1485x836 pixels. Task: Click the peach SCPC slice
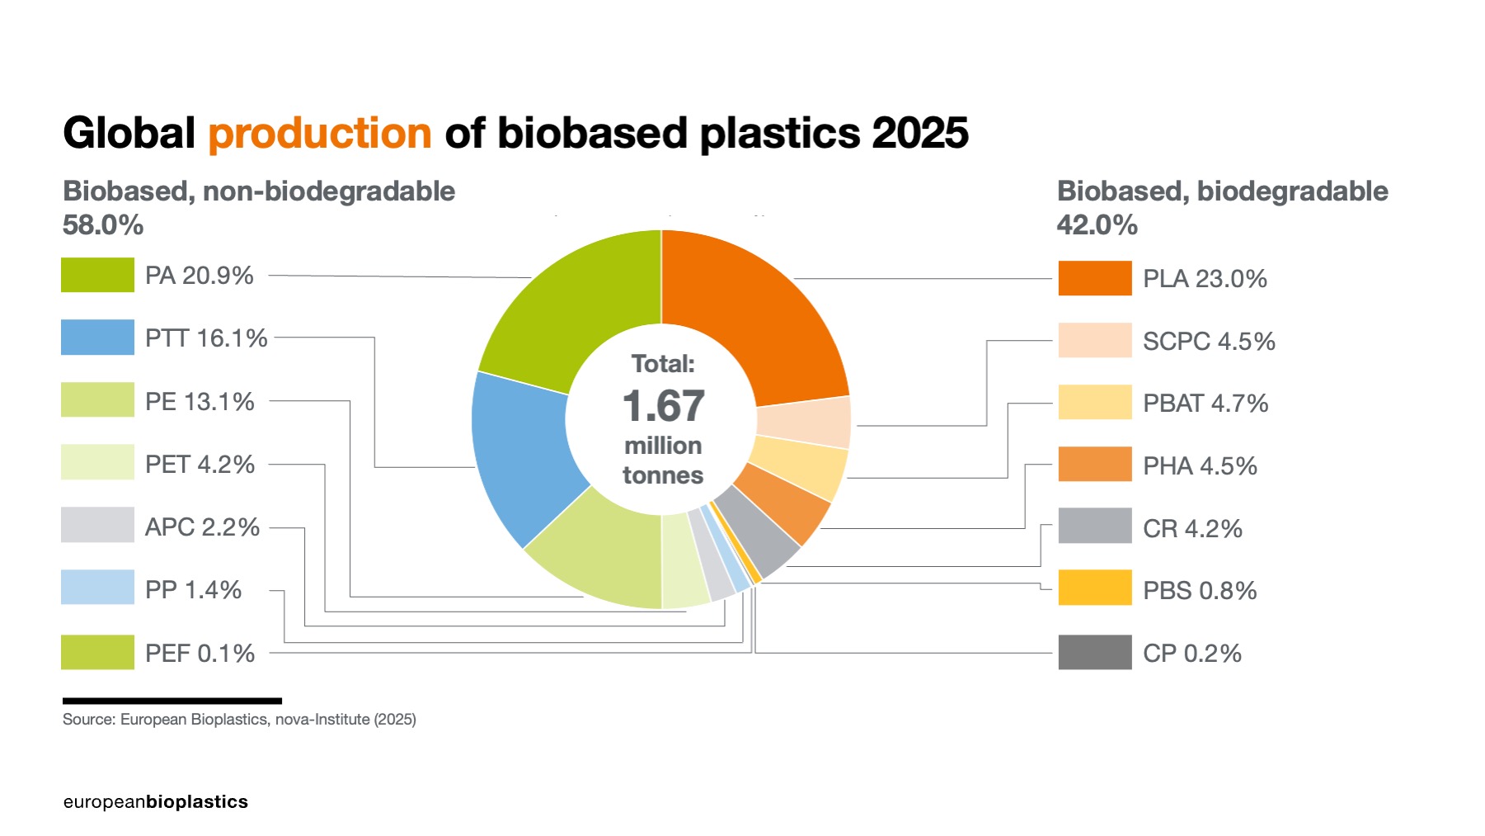804,423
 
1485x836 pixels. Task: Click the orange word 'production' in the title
319,134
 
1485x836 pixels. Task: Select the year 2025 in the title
919,134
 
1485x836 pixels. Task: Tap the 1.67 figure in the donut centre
663,406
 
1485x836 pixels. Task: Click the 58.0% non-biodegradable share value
103,224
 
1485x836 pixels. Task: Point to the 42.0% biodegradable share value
1097,224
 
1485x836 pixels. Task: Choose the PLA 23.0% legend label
1204,279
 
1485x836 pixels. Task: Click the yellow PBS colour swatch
1094,588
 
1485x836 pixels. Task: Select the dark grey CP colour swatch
1094,652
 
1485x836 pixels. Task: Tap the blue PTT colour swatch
97,338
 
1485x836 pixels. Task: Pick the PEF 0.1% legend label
200,654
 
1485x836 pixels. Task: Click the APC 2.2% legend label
202,527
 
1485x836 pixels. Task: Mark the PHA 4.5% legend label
1200,466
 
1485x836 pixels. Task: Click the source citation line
239,720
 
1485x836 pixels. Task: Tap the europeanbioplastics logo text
155,802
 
